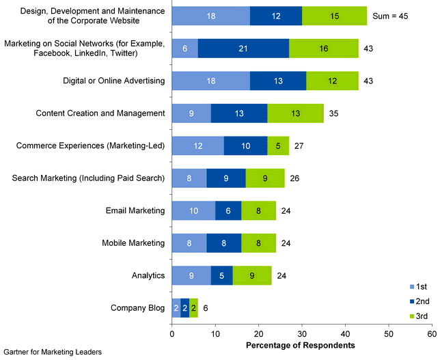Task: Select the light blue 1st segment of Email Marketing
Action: (193, 210)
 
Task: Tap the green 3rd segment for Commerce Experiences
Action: (277, 146)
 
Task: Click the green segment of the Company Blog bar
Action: (193, 308)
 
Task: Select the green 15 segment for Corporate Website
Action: (334, 16)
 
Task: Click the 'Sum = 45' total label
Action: (390, 16)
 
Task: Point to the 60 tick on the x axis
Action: (432, 333)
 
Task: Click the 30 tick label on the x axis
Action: (302, 333)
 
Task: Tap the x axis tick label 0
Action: (172, 333)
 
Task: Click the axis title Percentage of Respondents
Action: (301, 346)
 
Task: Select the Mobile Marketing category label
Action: (133, 243)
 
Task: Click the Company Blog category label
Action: (137, 308)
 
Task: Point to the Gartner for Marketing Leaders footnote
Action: (53, 352)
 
